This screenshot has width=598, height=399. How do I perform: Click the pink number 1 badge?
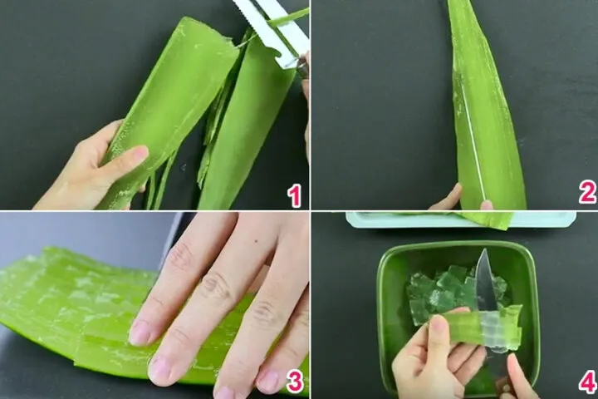coord(293,196)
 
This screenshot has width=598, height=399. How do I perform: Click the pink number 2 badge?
coord(587,193)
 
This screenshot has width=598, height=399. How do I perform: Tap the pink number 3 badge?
coord(293,382)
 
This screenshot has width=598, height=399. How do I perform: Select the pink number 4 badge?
coord(587,382)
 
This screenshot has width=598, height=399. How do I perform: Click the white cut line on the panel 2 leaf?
coord(473,141)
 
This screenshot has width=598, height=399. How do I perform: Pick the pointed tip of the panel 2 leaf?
coord(453,4)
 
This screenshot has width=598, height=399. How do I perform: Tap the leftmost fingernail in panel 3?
coord(140,332)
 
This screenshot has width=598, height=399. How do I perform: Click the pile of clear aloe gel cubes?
coord(444,291)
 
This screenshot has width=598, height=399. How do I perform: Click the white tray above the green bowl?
coord(461,219)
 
